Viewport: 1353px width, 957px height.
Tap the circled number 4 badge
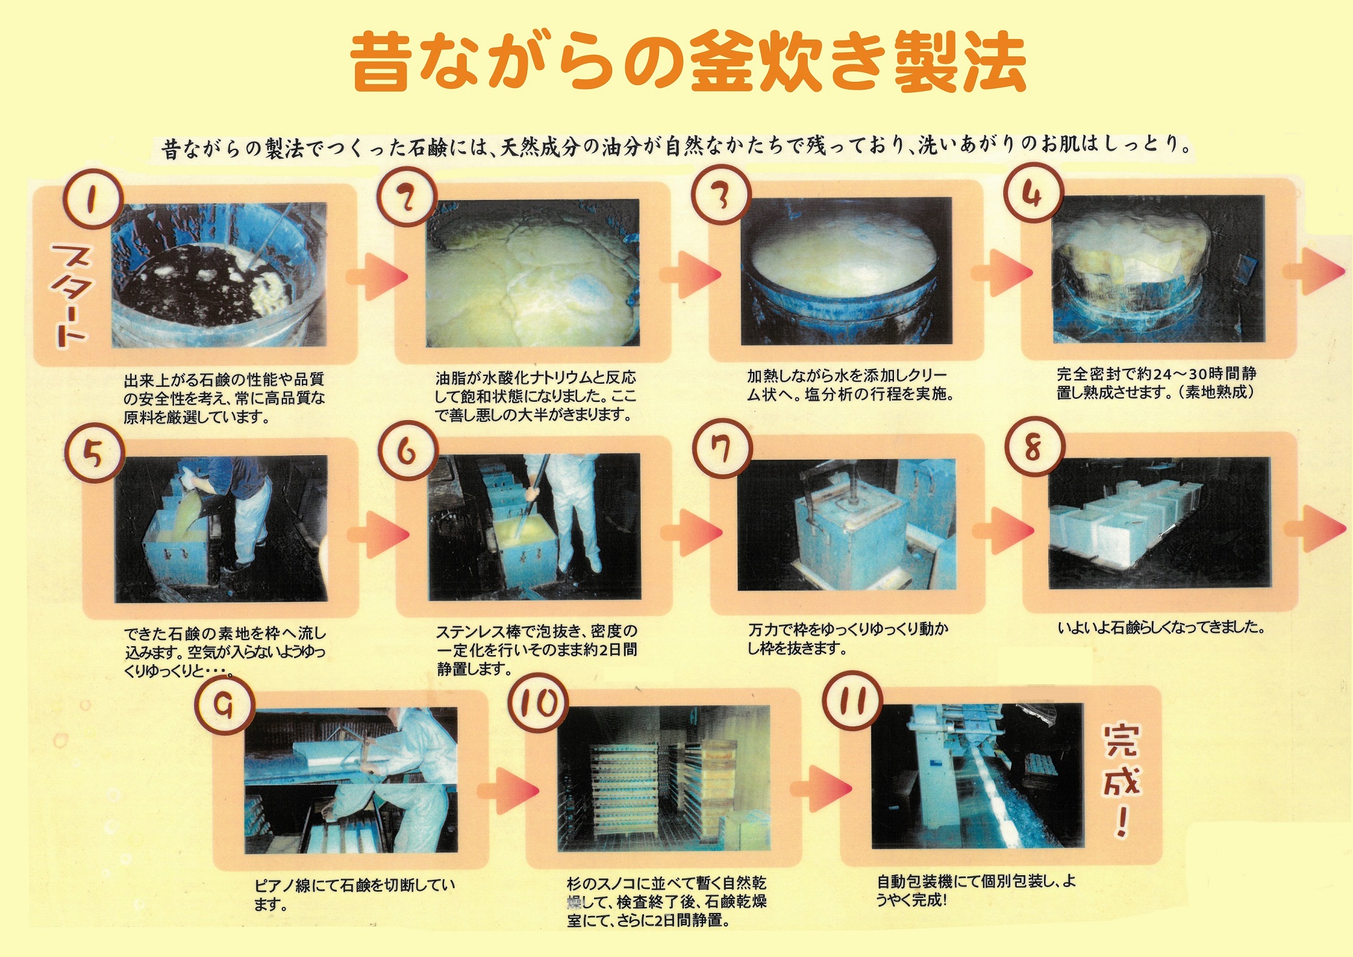1032,193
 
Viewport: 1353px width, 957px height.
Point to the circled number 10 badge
538,702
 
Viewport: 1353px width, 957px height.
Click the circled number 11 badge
852,701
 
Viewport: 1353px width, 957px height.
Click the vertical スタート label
70,295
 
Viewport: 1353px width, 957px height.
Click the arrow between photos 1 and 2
376,277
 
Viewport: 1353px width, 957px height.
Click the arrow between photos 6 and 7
691,532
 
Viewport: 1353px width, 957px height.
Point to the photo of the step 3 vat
846,271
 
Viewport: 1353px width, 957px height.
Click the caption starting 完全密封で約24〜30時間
1156,383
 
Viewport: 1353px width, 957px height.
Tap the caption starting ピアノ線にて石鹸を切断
354,894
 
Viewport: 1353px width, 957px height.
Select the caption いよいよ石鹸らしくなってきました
1161,628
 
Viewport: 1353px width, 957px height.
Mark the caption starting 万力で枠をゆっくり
848,638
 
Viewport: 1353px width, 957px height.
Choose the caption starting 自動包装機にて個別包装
976,890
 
